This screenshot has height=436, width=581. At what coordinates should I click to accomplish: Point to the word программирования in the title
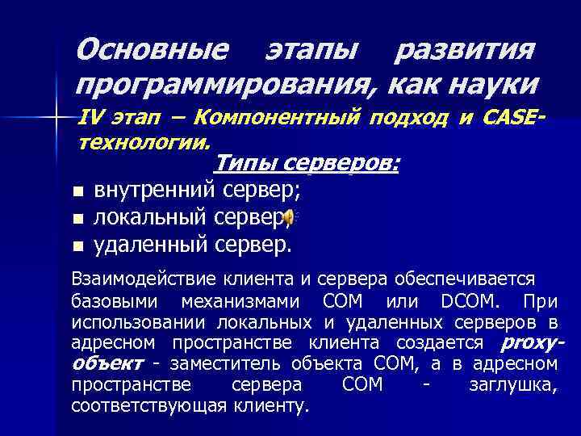point(226,83)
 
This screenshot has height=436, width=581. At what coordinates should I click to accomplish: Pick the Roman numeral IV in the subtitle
point(94,118)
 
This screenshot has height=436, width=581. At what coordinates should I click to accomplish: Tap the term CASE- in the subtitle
point(514,118)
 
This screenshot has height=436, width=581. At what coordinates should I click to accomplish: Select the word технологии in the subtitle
point(143,141)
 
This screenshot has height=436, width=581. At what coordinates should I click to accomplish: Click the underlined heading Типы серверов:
point(307,164)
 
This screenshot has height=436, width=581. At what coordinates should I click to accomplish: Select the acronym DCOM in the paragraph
point(469,302)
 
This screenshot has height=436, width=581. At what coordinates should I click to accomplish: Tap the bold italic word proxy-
point(532,344)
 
